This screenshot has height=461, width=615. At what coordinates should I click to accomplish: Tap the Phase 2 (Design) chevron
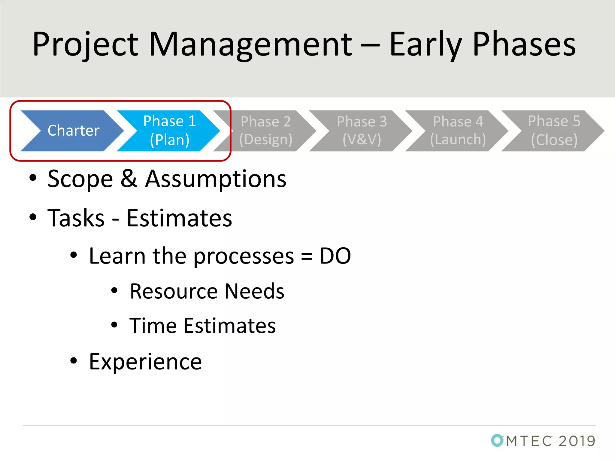pyautogui.click(x=266, y=131)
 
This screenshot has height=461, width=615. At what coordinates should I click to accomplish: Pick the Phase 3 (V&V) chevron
pyautogui.click(x=362, y=131)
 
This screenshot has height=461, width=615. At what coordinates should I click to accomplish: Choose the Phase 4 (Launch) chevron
pyautogui.click(x=458, y=131)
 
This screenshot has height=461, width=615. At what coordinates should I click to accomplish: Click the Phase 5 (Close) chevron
pyautogui.click(x=554, y=131)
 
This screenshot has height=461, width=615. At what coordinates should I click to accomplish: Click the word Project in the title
pyautogui.click(x=86, y=45)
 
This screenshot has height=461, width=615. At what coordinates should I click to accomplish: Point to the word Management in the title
pyautogui.click(x=250, y=45)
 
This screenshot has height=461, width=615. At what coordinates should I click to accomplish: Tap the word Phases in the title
pyautogui.click(x=524, y=45)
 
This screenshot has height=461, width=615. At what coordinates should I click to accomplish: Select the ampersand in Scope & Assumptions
pyautogui.click(x=129, y=179)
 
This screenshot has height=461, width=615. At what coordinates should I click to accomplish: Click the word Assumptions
pyautogui.click(x=216, y=179)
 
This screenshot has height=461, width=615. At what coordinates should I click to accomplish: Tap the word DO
pyautogui.click(x=335, y=256)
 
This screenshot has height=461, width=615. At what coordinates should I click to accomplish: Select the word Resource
pyautogui.click(x=174, y=291)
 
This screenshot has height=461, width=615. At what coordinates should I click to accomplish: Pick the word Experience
pyautogui.click(x=145, y=362)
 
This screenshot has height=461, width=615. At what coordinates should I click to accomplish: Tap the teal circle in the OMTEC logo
pyautogui.click(x=497, y=440)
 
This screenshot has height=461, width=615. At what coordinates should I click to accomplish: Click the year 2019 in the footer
pyautogui.click(x=577, y=441)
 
